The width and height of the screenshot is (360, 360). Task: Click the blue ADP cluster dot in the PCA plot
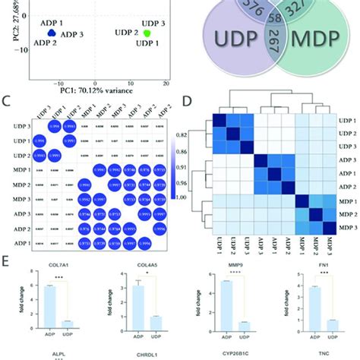point(51,33)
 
